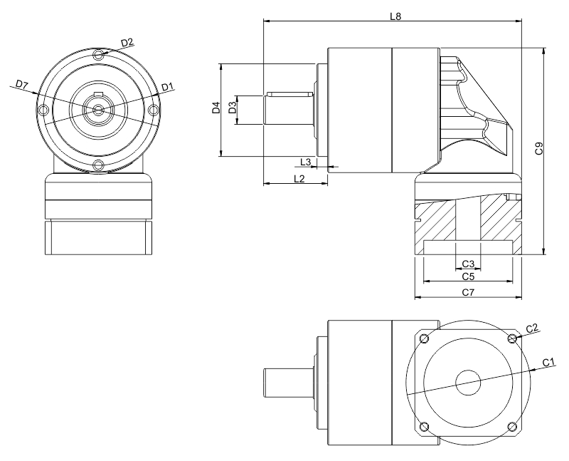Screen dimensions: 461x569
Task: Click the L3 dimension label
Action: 306,162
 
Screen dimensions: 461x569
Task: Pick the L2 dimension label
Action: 299,178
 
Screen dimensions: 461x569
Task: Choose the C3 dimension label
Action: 467,264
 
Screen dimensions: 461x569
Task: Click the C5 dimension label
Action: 467,276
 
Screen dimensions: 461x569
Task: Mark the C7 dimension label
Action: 467,292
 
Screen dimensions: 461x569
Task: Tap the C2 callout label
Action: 531,328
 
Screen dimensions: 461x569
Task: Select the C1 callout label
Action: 548,362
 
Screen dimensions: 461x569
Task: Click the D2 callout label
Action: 127,43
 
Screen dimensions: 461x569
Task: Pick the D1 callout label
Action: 167,87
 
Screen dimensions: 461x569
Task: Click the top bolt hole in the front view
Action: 99,53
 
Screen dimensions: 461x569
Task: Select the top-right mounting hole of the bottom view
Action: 512,338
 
